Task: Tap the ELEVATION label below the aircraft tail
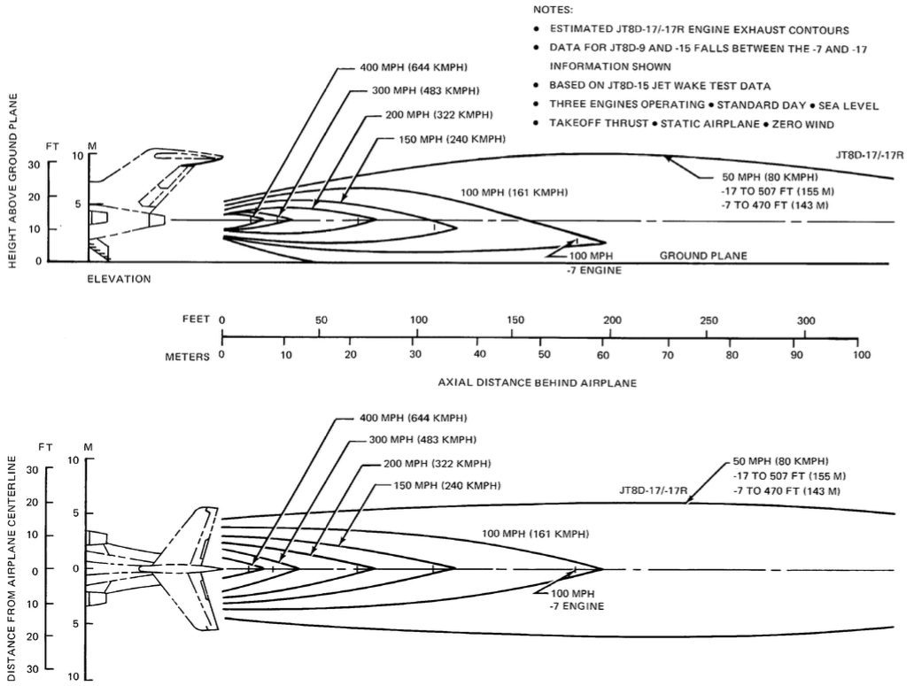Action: tap(119, 279)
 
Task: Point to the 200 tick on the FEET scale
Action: tap(611, 335)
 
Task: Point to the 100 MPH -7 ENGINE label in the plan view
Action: tap(577, 599)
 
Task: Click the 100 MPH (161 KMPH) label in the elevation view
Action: tap(515, 192)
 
